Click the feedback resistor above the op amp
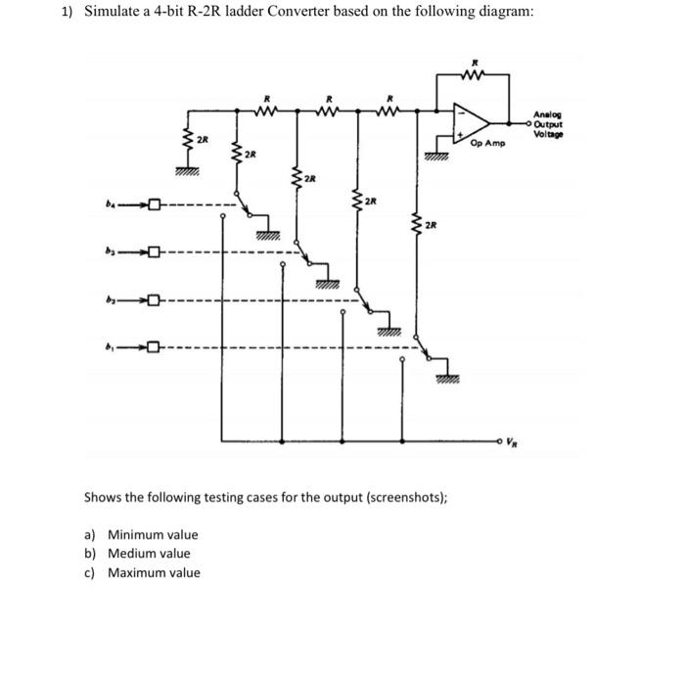(x=475, y=70)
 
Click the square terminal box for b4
(x=156, y=205)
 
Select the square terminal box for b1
(x=156, y=346)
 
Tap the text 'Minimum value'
(x=153, y=534)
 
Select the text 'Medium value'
(x=149, y=553)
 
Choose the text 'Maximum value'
(x=154, y=572)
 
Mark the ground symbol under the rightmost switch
(x=448, y=379)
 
